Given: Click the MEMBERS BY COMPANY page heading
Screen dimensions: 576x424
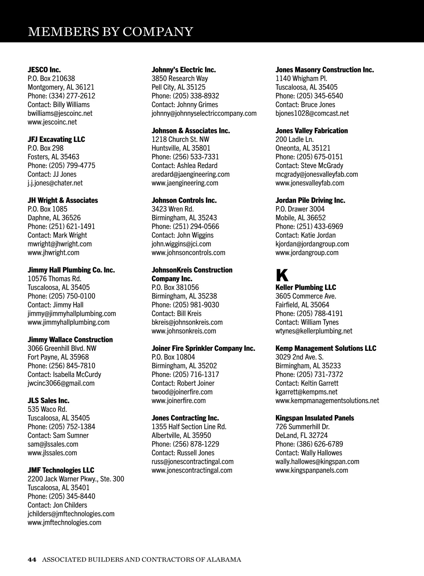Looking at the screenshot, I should [110, 31].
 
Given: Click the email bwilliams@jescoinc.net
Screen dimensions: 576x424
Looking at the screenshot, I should [60, 113].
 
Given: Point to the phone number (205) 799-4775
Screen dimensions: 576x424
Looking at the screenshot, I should [72, 166].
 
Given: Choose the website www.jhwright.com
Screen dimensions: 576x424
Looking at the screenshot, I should [53, 253].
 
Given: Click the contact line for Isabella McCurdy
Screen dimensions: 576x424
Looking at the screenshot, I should [64, 374].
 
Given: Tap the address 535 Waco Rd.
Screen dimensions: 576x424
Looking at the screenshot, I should [47, 409].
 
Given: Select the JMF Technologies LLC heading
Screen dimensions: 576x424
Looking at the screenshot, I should [61, 470].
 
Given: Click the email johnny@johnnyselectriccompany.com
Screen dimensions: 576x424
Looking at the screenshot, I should [204, 113].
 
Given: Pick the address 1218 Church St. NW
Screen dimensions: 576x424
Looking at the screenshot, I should [180, 139].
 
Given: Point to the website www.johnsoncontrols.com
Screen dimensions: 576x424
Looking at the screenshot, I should [188, 253].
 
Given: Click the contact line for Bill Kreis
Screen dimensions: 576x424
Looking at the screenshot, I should [176, 313].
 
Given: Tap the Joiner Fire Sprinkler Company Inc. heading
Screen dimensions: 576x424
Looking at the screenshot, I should [203, 348].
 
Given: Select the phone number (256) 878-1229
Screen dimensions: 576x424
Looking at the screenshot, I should [196, 444].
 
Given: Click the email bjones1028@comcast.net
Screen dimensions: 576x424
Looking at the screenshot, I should [312, 113].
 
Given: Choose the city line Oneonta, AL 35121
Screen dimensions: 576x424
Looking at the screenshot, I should [303, 148].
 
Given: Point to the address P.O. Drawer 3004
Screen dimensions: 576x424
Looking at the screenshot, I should [300, 209].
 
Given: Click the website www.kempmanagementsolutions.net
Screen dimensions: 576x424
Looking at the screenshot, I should [327, 401].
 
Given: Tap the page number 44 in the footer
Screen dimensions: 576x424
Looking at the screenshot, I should [32, 559].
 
